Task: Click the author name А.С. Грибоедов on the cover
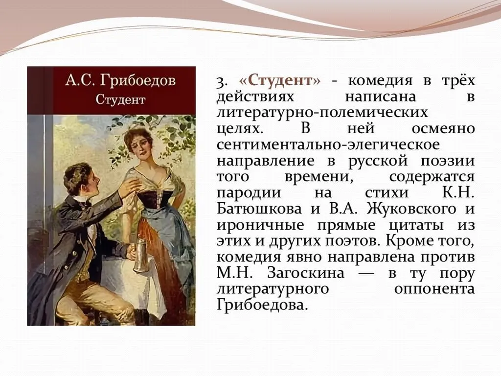(120, 81)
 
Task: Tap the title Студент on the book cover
(120, 99)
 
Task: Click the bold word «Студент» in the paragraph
(280, 80)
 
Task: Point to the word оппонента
(434, 289)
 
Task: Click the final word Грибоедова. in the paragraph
(262, 305)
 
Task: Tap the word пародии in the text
(248, 192)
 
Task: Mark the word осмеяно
(443, 128)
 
